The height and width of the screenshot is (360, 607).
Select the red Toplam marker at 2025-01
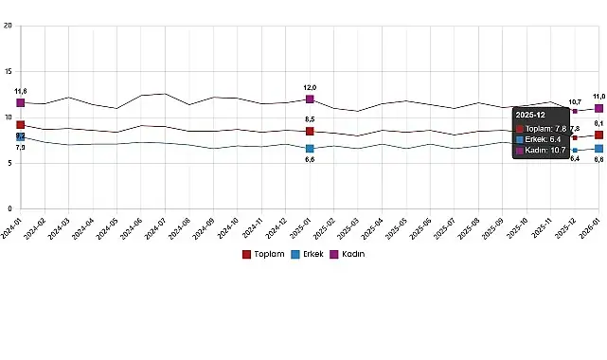click(x=310, y=131)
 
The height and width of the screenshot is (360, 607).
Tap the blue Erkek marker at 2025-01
click(x=310, y=149)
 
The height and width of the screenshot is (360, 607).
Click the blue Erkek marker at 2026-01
click(x=598, y=148)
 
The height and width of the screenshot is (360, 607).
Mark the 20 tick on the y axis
click(x=9, y=27)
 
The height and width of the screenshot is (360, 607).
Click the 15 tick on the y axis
click(x=9, y=72)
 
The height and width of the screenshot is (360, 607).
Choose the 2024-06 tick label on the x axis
click(x=134, y=227)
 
